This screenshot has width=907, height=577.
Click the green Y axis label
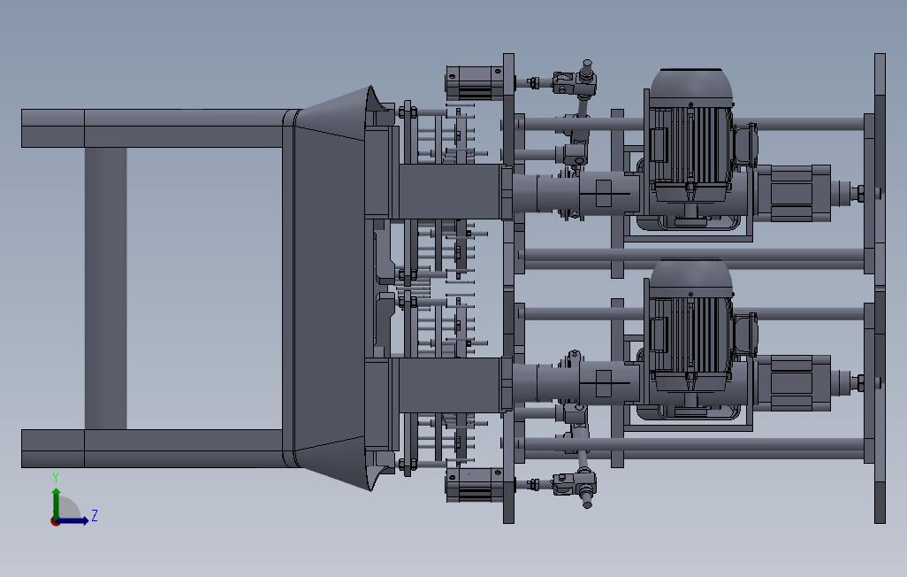(56, 477)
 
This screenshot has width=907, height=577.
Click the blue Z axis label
(95, 516)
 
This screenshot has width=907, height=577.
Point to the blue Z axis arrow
(72, 520)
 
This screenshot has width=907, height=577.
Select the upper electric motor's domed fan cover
(691, 87)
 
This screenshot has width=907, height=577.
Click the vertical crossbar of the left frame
(106, 288)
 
